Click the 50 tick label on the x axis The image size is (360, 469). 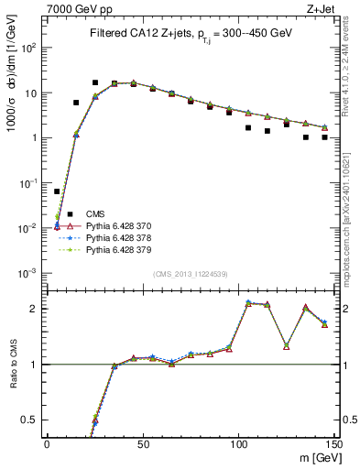pos(143,444)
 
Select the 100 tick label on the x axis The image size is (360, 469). pos(238,444)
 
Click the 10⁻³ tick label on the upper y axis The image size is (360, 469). pos(29,273)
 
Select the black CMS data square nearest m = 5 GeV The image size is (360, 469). pos(57,191)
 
